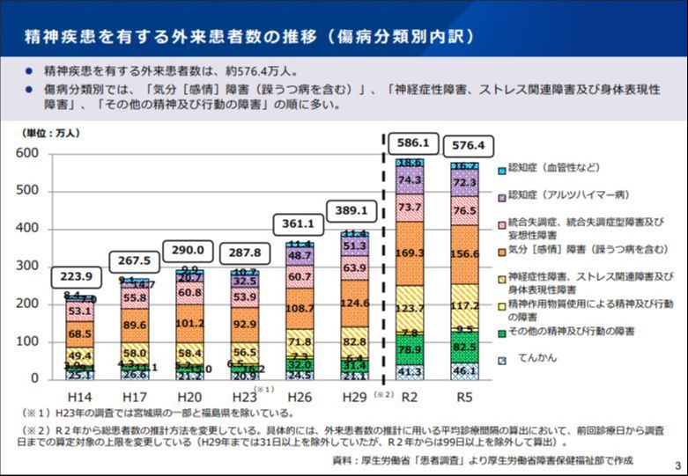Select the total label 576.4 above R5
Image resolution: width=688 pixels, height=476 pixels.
[x=468, y=144]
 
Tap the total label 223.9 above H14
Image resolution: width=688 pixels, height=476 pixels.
[x=75, y=276]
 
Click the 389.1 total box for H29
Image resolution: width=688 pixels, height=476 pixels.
[x=352, y=211]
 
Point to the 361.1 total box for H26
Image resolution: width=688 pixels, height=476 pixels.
[x=299, y=225]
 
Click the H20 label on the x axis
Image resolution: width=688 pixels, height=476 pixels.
[x=188, y=397]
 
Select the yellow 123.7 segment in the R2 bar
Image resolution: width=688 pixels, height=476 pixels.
[x=410, y=309]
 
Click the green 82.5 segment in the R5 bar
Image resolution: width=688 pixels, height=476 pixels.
[x=466, y=348]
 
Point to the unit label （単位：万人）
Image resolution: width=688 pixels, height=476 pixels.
[x=51, y=133]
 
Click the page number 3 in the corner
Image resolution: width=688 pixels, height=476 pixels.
[x=677, y=465]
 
